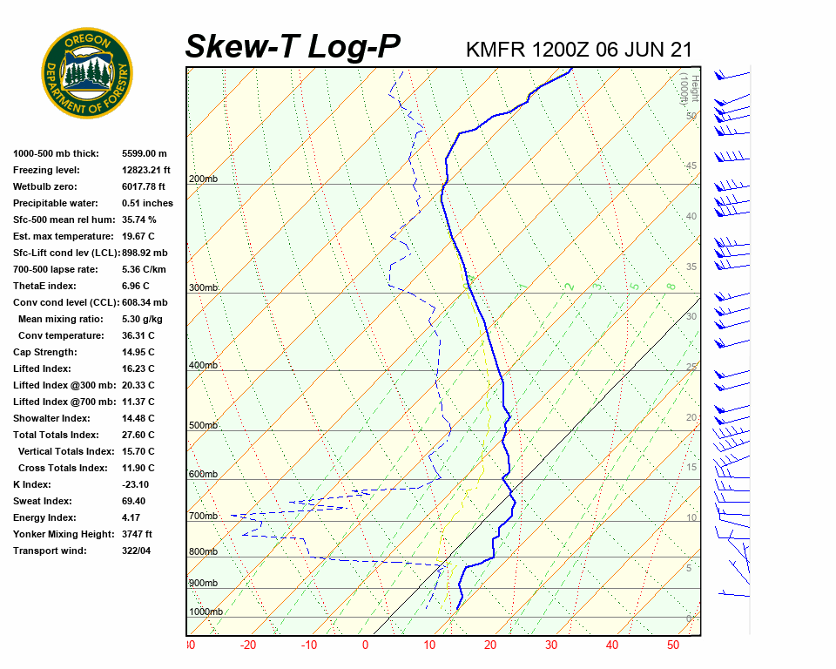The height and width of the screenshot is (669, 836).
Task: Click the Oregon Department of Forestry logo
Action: pos(87,73)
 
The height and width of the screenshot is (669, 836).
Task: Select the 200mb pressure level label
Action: pos(203,179)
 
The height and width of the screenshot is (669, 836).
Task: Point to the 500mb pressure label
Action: pos(203,426)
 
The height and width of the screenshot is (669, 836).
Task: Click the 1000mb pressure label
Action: pos(206,612)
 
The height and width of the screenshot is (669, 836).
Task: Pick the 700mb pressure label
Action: pos(203,517)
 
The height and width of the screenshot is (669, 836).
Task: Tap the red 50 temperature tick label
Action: pos(673,645)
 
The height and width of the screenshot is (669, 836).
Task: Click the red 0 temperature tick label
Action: pos(366,645)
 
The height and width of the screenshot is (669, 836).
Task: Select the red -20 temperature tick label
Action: pos(248,645)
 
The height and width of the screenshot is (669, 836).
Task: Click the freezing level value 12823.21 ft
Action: pos(146,170)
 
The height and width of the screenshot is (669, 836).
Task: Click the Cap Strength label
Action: pos(44,352)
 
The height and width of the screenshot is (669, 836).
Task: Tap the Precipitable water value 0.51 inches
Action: pos(147,203)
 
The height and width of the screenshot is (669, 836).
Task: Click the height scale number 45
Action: pos(691,166)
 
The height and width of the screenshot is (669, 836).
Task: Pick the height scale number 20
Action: pos(691,417)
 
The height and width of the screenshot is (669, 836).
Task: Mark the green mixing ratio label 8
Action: pos(671,286)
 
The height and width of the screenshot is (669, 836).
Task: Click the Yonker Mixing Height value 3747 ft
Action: pos(138,534)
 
